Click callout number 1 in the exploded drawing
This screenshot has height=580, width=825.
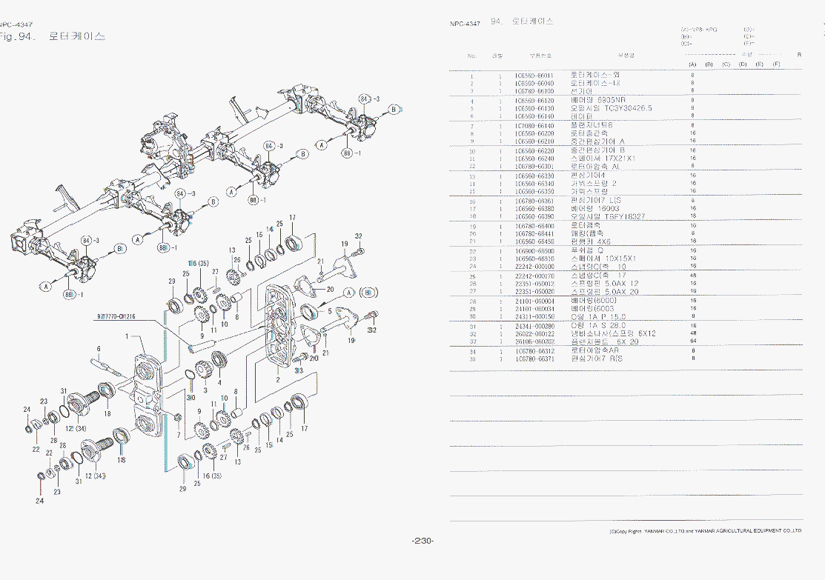pos(127,336)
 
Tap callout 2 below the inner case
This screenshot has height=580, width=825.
pos(277,379)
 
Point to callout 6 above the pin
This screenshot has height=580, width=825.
pos(98,348)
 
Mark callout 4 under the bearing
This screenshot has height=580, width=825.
pos(219,382)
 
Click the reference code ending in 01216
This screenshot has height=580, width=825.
pos(114,316)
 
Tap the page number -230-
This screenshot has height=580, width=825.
pos(423,541)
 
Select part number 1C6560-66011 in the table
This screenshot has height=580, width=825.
pos(534,76)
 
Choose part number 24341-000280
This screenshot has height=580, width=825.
pos(534,326)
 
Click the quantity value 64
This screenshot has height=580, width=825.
pos(692,341)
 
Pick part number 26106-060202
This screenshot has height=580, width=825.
pos(534,341)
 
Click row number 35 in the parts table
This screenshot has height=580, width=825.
pos(471,359)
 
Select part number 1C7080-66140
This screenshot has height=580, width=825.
pos(534,125)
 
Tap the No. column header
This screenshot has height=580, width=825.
pos(472,56)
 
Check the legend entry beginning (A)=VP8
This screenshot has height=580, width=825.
pos(698,30)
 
